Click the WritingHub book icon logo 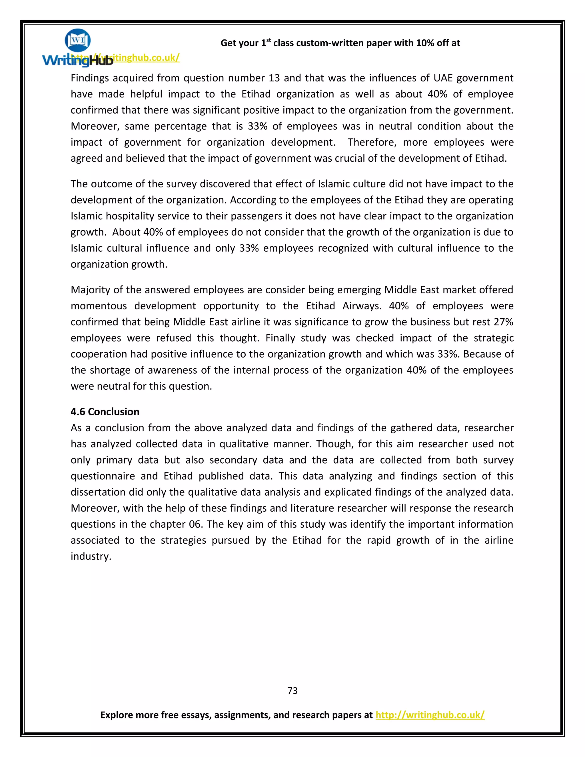coord(78,41)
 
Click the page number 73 coord(292,690)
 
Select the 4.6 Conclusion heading coord(105,411)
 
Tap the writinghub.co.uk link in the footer coord(430,715)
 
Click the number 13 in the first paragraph coord(274,78)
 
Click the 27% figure coord(503,322)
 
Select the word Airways coord(362,306)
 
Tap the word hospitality coord(130,216)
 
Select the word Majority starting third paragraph coord(91,290)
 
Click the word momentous coord(99,306)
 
